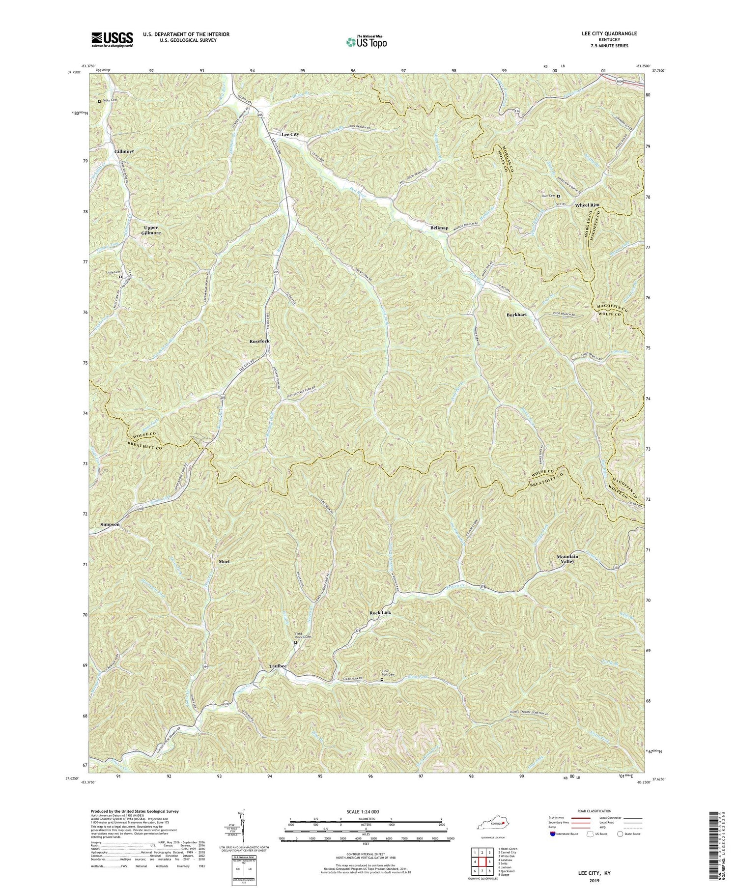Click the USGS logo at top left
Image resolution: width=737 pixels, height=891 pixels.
click(x=112, y=39)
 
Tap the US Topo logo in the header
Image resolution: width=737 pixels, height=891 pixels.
click(x=366, y=42)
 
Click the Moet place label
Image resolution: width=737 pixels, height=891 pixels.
click(x=221, y=561)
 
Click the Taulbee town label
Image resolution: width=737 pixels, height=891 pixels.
click(x=278, y=666)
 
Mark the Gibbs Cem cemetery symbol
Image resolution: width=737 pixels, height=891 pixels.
click(x=99, y=102)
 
